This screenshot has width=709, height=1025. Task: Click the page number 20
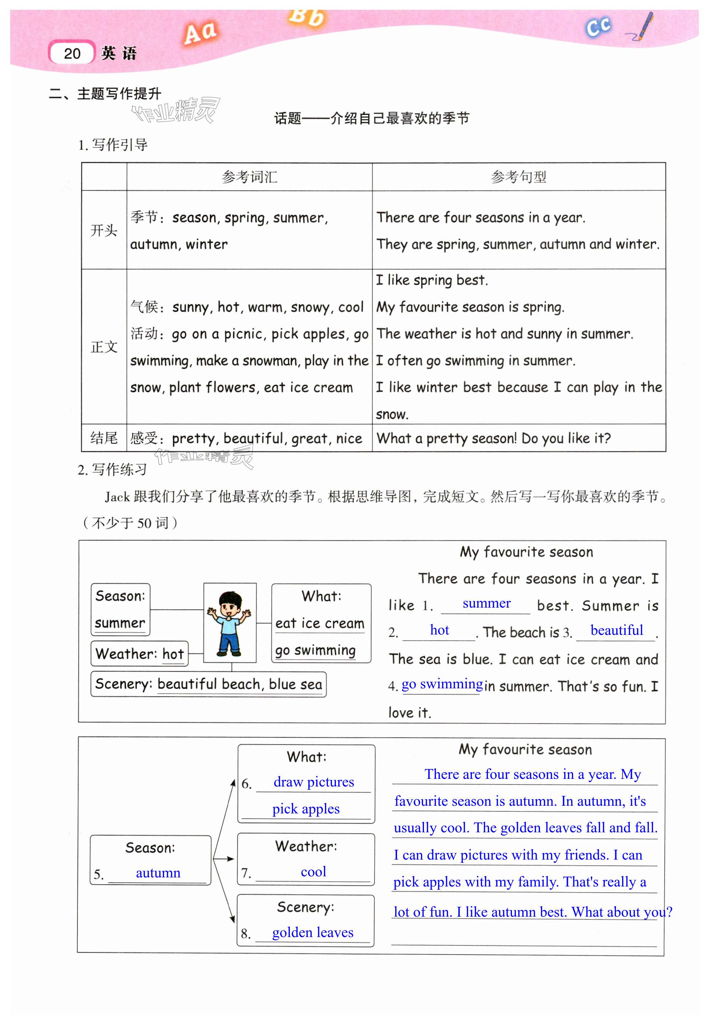(x=72, y=54)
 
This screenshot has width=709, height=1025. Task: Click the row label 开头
(x=104, y=230)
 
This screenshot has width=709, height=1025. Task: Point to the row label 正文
(x=104, y=347)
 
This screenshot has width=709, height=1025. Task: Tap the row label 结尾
(x=104, y=438)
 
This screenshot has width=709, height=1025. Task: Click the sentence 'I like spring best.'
(x=432, y=280)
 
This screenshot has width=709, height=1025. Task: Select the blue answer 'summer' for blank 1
(x=486, y=603)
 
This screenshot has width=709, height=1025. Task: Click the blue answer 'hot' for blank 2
(x=439, y=630)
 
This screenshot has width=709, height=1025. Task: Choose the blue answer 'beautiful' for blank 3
(x=617, y=630)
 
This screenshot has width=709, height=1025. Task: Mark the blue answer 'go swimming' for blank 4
(x=442, y=684)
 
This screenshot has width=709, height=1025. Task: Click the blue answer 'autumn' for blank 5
(x=158, y=873)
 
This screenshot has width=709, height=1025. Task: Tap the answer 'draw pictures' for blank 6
(x=314, y=782)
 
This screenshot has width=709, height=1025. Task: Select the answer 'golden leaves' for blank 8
(x=313, y=933)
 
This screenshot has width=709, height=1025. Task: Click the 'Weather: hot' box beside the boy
(x=140, y=653)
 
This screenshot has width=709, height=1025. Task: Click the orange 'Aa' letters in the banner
(x=200, y=33)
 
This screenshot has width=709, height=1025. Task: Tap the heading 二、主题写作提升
(x=105, y=94)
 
